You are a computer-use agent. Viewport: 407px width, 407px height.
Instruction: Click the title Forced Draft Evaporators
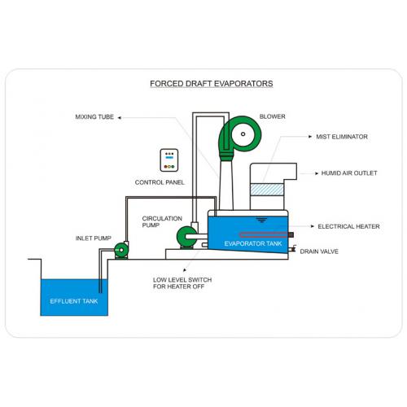212,84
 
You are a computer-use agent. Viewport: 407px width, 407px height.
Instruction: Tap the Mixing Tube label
94,117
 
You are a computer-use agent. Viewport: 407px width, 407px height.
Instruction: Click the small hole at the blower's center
243,133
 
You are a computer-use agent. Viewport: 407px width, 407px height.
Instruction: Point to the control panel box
169,160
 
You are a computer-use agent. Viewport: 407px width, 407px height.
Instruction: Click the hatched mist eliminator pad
267,190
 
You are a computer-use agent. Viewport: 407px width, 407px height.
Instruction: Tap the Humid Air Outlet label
349,173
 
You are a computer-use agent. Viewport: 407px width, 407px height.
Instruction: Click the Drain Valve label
319,252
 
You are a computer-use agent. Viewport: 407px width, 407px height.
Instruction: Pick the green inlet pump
121,250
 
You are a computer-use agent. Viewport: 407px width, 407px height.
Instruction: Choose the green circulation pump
186,238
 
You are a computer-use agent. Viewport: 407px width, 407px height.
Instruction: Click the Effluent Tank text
74,301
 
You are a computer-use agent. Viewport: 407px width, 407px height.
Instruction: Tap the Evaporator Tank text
253,243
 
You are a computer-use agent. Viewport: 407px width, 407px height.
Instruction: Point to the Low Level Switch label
182,283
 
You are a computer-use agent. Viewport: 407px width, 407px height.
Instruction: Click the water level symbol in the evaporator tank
261,220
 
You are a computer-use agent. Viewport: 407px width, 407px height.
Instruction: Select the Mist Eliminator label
342,137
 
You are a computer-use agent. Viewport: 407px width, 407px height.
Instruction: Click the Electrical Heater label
348,226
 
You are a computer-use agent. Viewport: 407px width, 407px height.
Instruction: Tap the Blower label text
273,116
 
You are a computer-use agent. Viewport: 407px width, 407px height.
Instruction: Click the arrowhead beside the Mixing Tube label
119,117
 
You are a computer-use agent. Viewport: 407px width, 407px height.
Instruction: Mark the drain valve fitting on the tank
292,248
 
